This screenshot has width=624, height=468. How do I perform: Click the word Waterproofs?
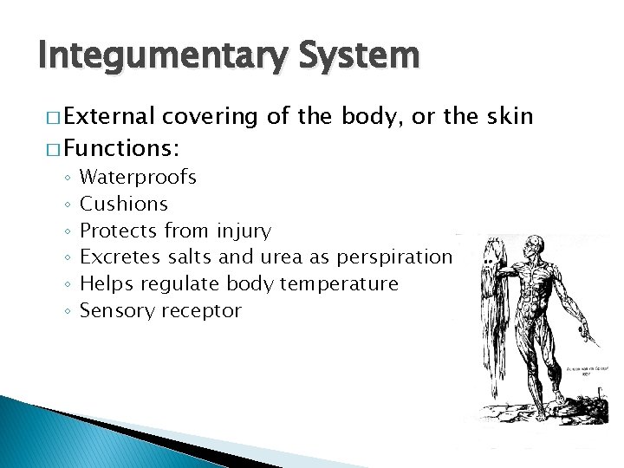(138, 178)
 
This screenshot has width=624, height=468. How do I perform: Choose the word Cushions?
(124, 205)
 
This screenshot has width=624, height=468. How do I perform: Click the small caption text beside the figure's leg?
(585, 372)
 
